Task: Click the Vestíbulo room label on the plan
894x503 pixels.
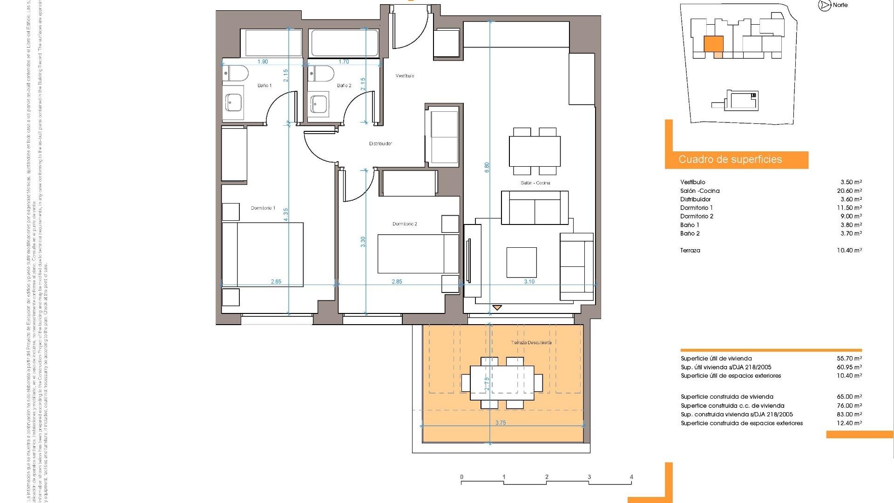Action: click(x=405, y=75)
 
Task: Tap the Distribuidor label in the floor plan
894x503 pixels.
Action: click(x=380, y=143)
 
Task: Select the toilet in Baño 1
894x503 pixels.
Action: click(x=235, y=73)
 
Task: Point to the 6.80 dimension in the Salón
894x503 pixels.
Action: click(x=487, y=168)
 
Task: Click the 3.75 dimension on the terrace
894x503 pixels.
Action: click(x=501, y=423)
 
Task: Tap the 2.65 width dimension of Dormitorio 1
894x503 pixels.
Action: click(x=276, y=281)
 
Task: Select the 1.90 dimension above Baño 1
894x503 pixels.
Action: click(x=263, y=61)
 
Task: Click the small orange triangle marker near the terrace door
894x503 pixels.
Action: click(x=497, y=307)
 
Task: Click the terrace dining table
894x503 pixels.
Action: click(x=502, y=382)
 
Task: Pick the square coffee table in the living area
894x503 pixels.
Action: click(x=521, y=262)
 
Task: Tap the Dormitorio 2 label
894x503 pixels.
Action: click(x=405, y=224)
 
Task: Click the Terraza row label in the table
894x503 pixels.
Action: click(x=690, y=250)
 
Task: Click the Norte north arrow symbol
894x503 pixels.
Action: click(x=825, y=6)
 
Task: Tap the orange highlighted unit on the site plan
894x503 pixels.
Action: click(x=713, y=44)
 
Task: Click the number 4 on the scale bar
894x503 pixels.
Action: click(x=631, y=477)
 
